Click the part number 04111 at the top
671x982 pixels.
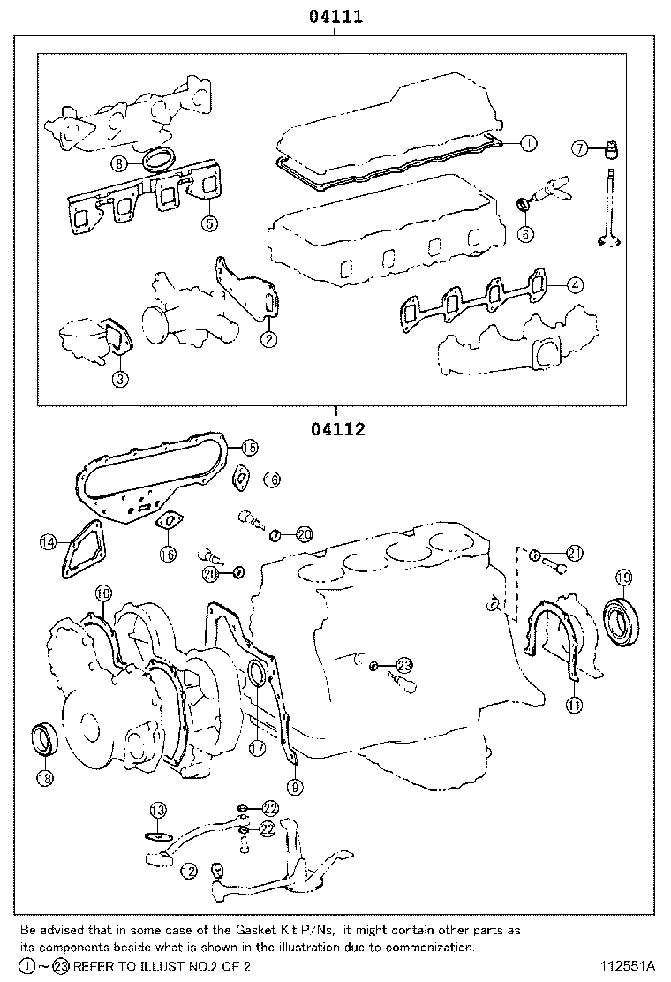click(x=335, y=16)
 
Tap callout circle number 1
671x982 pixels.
click(x=527, y=142)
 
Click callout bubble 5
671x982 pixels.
click(x=208, y=223)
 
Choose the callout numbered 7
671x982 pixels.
click(x=579, y=147)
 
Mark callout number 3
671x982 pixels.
click(x=120, y=379)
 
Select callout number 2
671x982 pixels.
click(x=268, y=338)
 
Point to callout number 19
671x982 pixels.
click(x=622, y=578)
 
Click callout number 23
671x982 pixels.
click(x=404, y=665)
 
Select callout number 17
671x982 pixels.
click(x=257, y=747)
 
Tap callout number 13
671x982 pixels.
click(x=157, y=810)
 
